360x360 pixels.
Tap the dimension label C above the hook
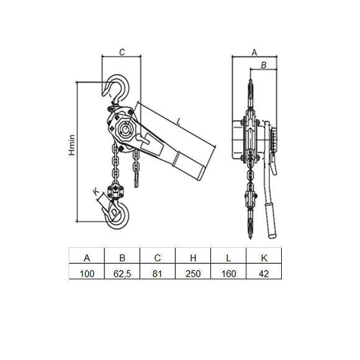pos(122,53)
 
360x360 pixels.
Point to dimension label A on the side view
pos(253,53)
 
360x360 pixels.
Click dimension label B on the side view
pos(263,65)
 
